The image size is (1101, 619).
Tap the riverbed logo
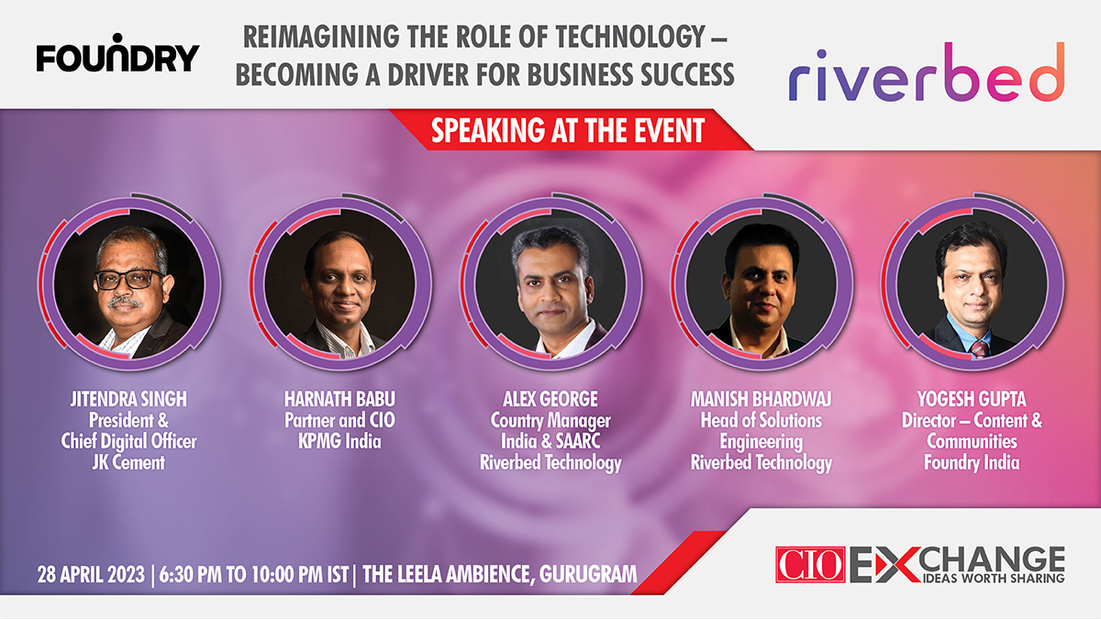tap(926, 72)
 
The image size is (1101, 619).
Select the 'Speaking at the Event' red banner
tap(568, 130)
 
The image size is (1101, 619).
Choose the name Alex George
tap(550, 400)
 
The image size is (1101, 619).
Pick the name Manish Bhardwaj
tap(762, 400)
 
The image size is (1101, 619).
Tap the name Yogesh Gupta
tap(972, 400)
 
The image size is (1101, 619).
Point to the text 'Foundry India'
tap(972, 462)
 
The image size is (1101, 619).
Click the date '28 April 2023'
tap(91, 575)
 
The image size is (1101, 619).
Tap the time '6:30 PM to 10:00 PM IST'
tap(254, 575)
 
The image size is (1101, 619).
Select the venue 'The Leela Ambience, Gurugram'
tap(499, 575)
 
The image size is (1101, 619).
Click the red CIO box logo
tap(810, 564)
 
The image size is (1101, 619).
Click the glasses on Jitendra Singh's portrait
tap(128, 279)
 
